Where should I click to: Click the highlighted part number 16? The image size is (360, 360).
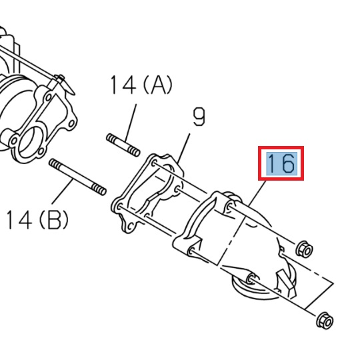coord(281,163)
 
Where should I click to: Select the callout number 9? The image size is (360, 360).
coord(198,118)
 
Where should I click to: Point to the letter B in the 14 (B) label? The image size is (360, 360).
coord(53,219)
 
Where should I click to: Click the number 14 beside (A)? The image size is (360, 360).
coord(123,85)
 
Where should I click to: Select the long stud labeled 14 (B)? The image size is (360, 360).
coord(77,178)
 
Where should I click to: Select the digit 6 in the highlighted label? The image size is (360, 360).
coord(288,163)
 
